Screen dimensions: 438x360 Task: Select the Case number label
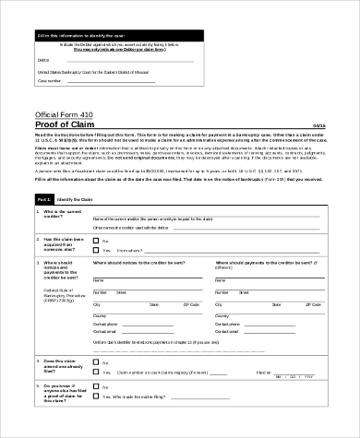50,80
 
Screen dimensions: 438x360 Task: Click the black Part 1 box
43,199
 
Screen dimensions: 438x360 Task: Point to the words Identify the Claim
78,199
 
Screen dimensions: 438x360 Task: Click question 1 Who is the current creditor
64,215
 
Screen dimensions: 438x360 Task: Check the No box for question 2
96,241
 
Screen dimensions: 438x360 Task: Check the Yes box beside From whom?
96,250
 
